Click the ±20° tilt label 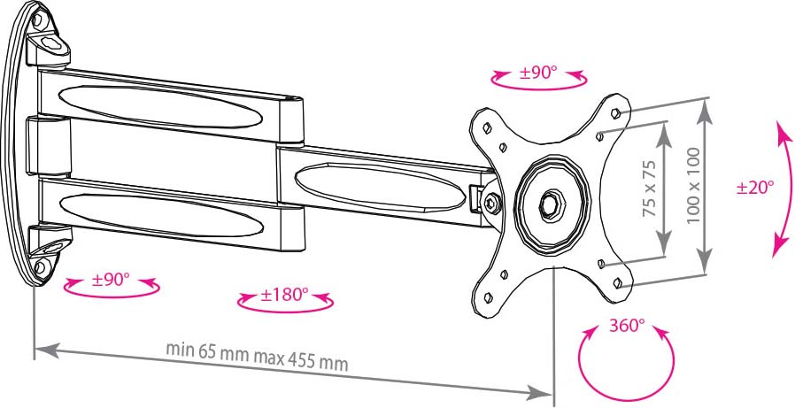755,188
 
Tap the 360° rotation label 627,326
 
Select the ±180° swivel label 284,295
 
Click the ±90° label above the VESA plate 538,73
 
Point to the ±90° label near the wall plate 111,280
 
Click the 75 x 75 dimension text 650,189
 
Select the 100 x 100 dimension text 693,186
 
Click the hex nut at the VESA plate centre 550,203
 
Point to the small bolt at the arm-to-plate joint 490,204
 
